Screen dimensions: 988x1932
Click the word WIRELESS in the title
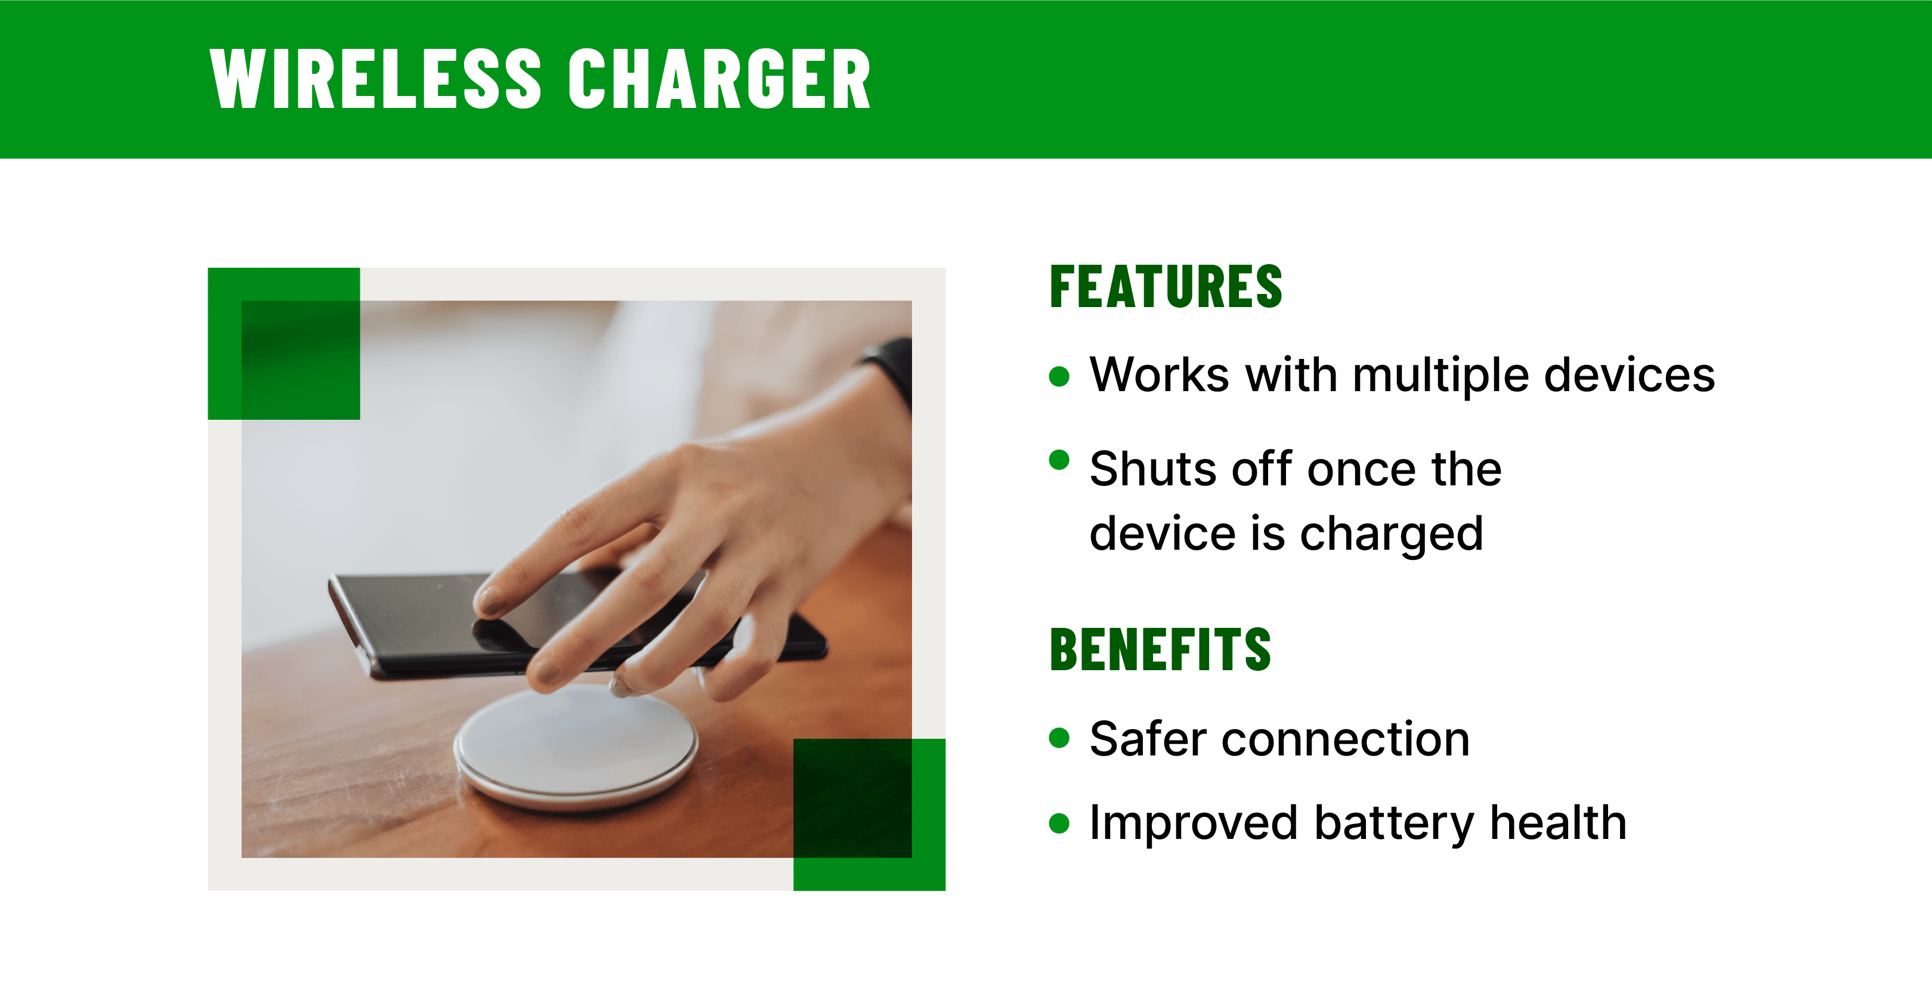pyautogui.click(x=375, y=79)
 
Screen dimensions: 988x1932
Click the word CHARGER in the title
pyautogui.click(x=719, y=79)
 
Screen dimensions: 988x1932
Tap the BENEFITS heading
pyautogui.click(x=1160, y=649)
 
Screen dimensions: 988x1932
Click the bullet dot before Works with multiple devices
pyautogui.click(x=1059, y=376)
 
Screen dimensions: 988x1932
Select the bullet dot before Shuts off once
pyautogui.click(x=1059, y=460)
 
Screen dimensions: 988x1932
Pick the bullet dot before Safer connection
pyautogui.click(x=1059, y=738)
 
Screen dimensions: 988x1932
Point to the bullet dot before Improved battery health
pyautogui.click(x=1059, y=823)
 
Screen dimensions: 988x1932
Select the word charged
pyautogui.click(x=1390, y=534)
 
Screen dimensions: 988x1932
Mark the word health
pyautogui.click(x=1558, y=822)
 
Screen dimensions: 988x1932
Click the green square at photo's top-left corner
pyautogui.click(x=283, y=343)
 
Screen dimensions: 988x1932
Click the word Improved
pyautogui.click(x=1193, y=823)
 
